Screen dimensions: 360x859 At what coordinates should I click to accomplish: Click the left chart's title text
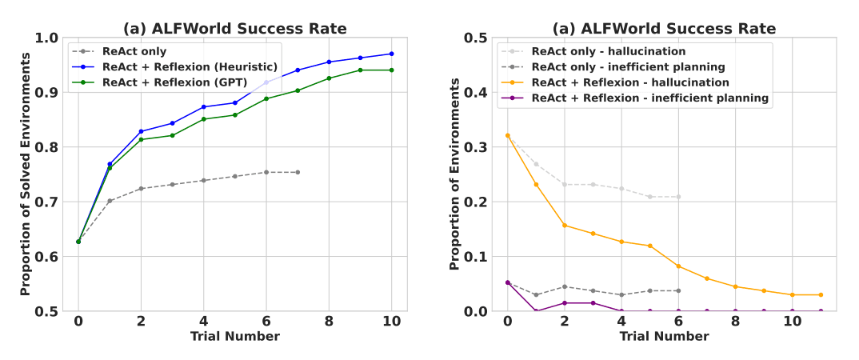click(235, 29)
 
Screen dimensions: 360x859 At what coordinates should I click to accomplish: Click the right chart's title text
click(664, 29)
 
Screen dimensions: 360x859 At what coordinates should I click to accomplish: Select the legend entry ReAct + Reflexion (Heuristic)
click(190, 66)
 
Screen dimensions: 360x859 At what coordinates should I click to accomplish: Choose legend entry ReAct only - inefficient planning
click(628, 66)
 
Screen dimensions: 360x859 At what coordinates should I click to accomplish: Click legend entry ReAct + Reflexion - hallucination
click(630, 82)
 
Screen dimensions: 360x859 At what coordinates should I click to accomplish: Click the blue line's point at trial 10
click(392, 54)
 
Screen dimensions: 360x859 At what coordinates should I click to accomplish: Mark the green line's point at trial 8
click(329, 78)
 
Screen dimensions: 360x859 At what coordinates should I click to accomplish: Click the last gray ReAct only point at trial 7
click(298, 172)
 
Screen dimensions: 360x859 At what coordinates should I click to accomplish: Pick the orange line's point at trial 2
click(564, 225)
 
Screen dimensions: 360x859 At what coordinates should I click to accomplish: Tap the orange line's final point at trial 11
click(821, 294)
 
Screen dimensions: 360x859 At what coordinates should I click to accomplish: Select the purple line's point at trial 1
click(536, 311)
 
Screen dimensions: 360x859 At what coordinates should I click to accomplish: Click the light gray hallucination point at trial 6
click(678, 197)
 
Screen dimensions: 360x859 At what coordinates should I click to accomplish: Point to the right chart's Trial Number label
click(664, 337)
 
